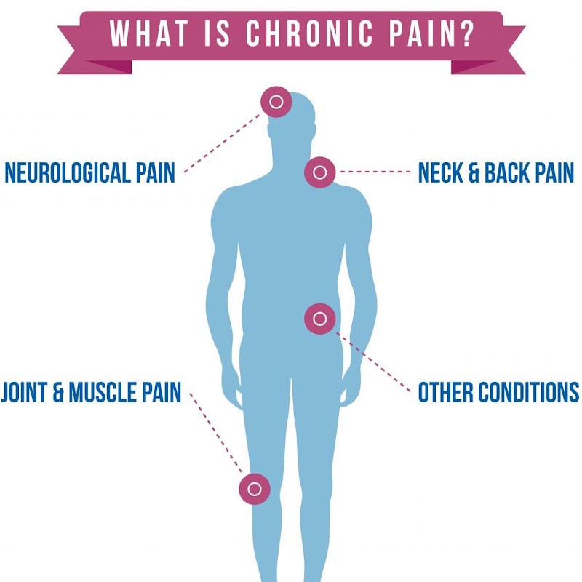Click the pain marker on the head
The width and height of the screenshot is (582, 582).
tap(276, 102)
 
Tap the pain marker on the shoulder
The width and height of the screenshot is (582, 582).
tap(320, 172)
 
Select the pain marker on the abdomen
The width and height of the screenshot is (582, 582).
tap(320, 319)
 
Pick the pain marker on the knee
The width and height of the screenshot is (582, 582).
tap(255, 489)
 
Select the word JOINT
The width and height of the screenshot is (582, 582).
tap(24, 392)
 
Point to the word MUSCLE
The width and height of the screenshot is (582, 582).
tap(103, 392)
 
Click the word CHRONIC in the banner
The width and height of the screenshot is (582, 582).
tap(309, 33)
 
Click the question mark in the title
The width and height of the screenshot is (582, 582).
tap(467, 33)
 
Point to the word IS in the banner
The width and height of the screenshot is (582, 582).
tap(217, 33)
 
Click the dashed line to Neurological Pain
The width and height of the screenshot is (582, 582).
tap(223, 143)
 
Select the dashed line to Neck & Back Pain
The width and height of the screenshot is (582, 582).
tap(375, 172)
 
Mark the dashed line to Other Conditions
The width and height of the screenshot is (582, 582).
tap(373, 362)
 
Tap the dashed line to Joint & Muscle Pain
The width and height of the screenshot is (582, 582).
tap(215, 433)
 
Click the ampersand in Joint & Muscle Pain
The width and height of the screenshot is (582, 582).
tap(58, 392)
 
